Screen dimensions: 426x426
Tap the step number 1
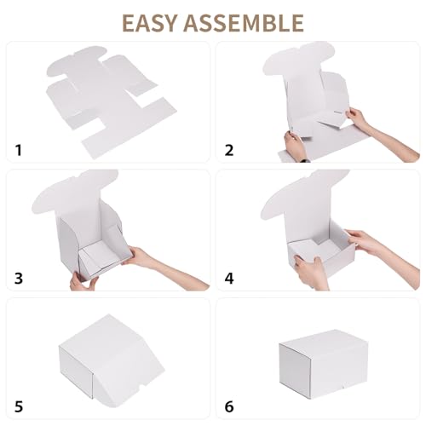[19, 152]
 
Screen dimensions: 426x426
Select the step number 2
[228, 152]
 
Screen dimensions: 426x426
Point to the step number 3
[19, 279]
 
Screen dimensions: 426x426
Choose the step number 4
[228, 279]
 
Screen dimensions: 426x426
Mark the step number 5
[19, 406]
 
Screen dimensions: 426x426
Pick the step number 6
[228, 406]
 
